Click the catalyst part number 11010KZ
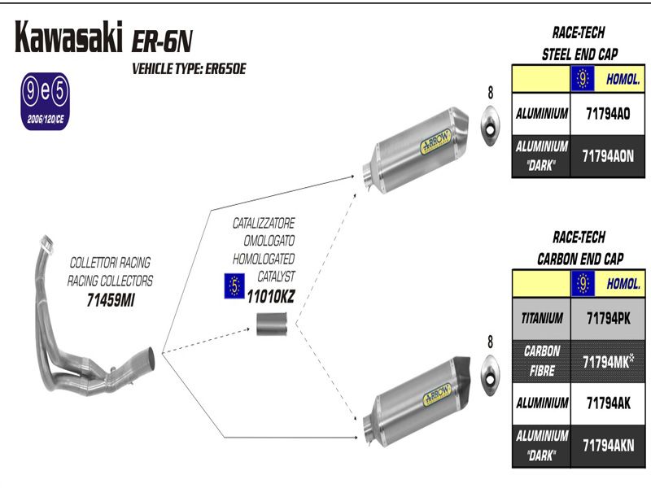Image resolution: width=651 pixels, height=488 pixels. [x=270, y=298]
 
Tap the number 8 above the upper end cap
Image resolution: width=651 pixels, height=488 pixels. [x=490, y=90]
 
